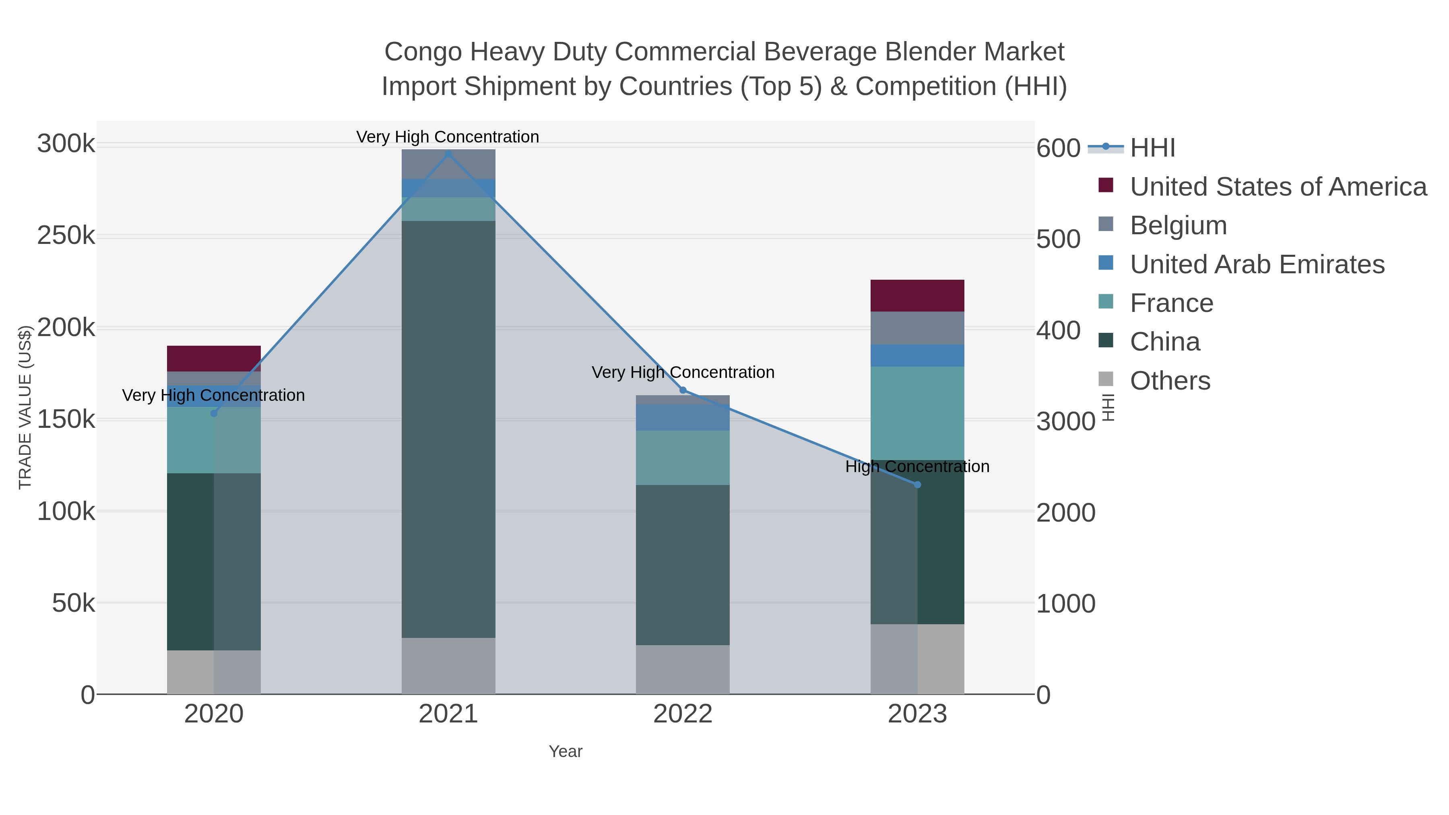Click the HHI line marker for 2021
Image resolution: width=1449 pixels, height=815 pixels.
(x=448, y=154)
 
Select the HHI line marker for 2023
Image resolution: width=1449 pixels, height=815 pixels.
(x=917, y=485)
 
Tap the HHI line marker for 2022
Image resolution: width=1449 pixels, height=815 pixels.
(x=683, y=390)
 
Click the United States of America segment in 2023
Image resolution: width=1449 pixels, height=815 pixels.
(x=917, y=296)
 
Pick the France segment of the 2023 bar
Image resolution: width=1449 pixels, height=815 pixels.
(x=917, y=413)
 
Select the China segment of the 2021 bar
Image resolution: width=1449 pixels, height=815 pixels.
(x=448, y=429)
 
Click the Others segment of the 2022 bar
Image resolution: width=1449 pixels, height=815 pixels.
(x=683, y=669)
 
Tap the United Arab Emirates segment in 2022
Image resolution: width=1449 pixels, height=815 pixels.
(x=683, y=418)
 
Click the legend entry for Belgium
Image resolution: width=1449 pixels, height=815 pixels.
(x=1178, y=225)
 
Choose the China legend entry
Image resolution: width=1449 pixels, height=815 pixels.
(x=1164, y=342)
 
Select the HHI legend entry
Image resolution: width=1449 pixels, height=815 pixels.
(x=1152, y=148)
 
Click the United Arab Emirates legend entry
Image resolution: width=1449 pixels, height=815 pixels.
(x=1257, y=264)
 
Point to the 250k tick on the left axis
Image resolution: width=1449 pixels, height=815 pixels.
(x=66, y=236)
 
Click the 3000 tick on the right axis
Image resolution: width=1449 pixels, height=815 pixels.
(x=1065, y=421)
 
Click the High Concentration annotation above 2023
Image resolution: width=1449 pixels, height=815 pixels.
(x=917, y=467)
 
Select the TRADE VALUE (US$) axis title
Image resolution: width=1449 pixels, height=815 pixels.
(x=25, y=407)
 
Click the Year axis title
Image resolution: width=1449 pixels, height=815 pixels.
(x=566, y=751)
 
